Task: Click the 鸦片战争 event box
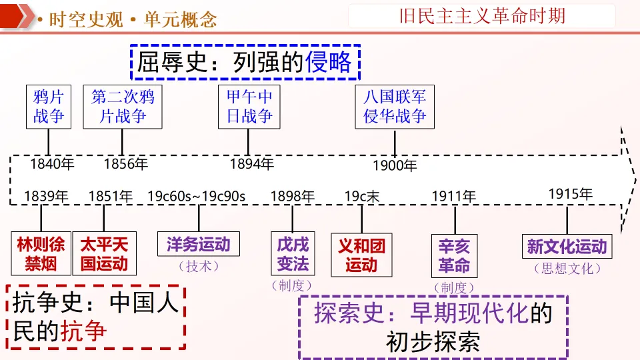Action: coord(49,107)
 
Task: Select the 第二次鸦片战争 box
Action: coord(123,107)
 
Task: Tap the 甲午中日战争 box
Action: coord(249,107)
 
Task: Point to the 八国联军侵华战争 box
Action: coord(395,107)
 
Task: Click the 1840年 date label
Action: coord(53,163)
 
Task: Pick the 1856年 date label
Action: coord(126,163)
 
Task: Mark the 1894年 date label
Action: coord(252,163)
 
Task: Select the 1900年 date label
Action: coord(395,165)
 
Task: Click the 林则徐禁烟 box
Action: coord(41,253)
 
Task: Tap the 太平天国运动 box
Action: coord(104,253)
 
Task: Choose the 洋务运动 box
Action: coord(199,244)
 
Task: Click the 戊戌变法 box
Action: coord(293,253)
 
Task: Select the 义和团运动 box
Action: coord(361,255)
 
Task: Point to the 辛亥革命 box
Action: coord(454,256)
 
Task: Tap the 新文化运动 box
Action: coord(567,246)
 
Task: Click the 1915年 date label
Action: coord(570,194)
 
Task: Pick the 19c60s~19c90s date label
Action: coord(197,196)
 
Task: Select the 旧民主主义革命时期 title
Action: coord(482,15)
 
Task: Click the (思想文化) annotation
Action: coord(567,269)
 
